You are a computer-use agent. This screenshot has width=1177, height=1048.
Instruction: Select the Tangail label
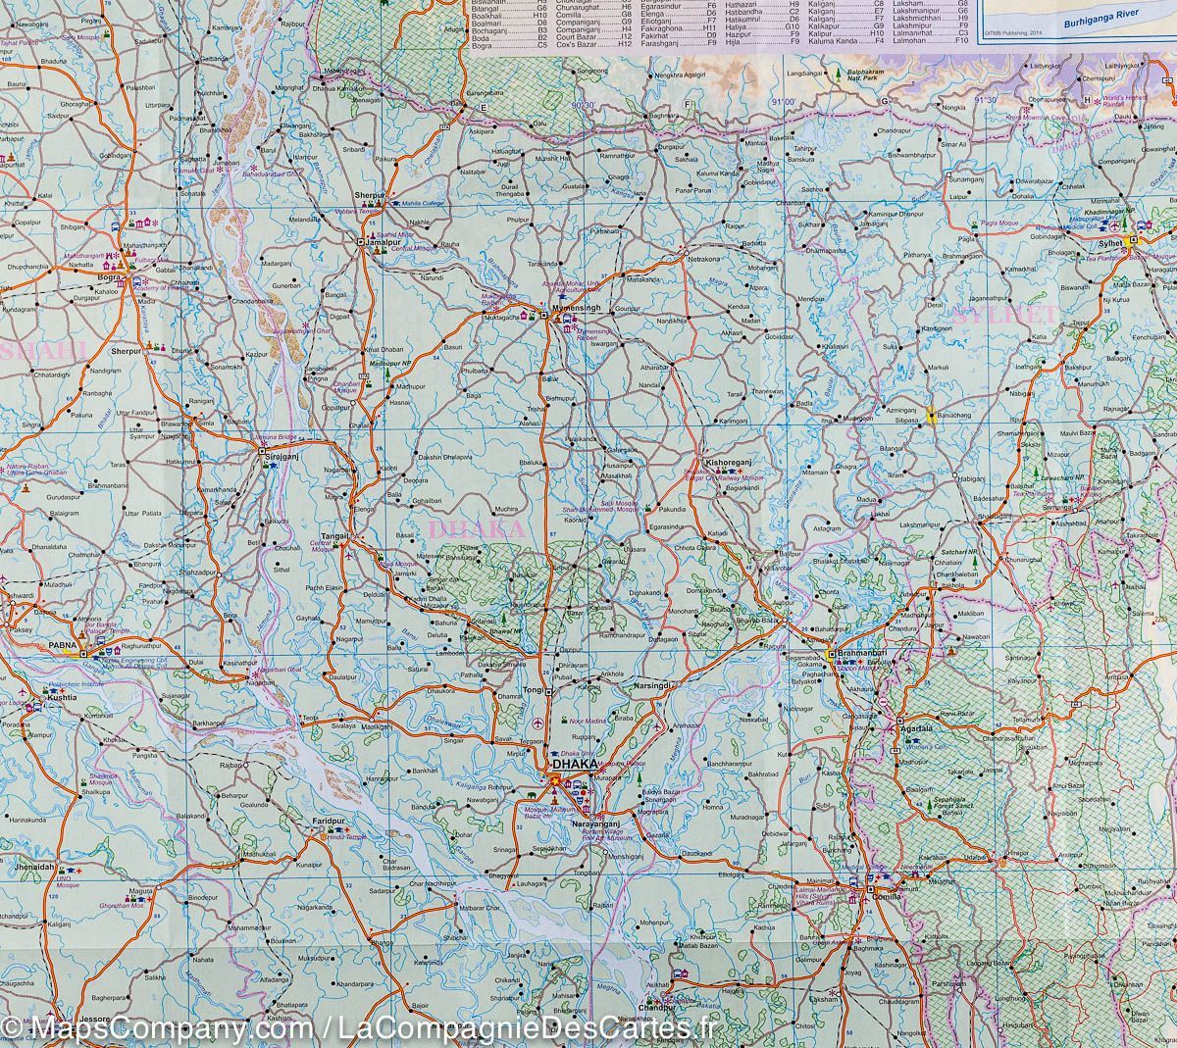pos(335,535)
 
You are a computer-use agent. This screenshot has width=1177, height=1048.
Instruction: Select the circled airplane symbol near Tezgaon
pos(536,724)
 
